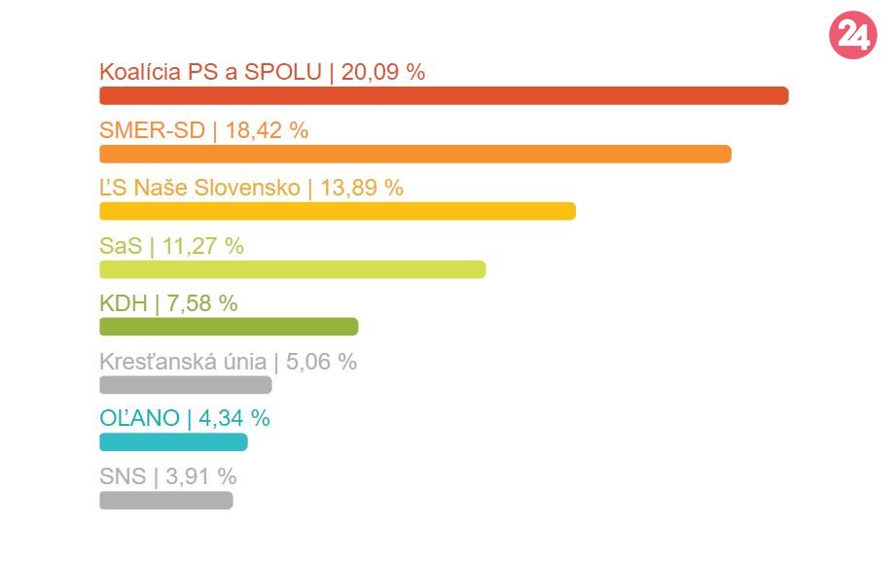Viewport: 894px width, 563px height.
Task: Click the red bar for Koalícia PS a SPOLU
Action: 444,95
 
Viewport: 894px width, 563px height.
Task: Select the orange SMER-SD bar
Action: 415,154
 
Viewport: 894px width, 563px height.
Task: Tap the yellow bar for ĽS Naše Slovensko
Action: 338,211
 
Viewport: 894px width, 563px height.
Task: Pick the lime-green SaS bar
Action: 292,269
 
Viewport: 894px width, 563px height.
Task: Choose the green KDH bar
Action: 229,327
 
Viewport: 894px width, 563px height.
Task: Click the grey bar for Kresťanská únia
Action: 185,385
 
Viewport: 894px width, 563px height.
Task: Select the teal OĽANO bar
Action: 173,442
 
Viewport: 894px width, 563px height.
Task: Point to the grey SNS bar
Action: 166,501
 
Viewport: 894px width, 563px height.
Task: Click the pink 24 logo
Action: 852,37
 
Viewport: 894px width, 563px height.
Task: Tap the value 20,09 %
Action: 383,72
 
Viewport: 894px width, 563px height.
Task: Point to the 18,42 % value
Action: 267,130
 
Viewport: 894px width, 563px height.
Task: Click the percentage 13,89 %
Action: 362,188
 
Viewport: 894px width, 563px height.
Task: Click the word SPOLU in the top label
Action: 288,72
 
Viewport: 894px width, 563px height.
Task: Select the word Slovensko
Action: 255,188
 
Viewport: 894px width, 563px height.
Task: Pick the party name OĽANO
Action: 139,419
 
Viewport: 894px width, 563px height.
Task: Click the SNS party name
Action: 122,477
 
